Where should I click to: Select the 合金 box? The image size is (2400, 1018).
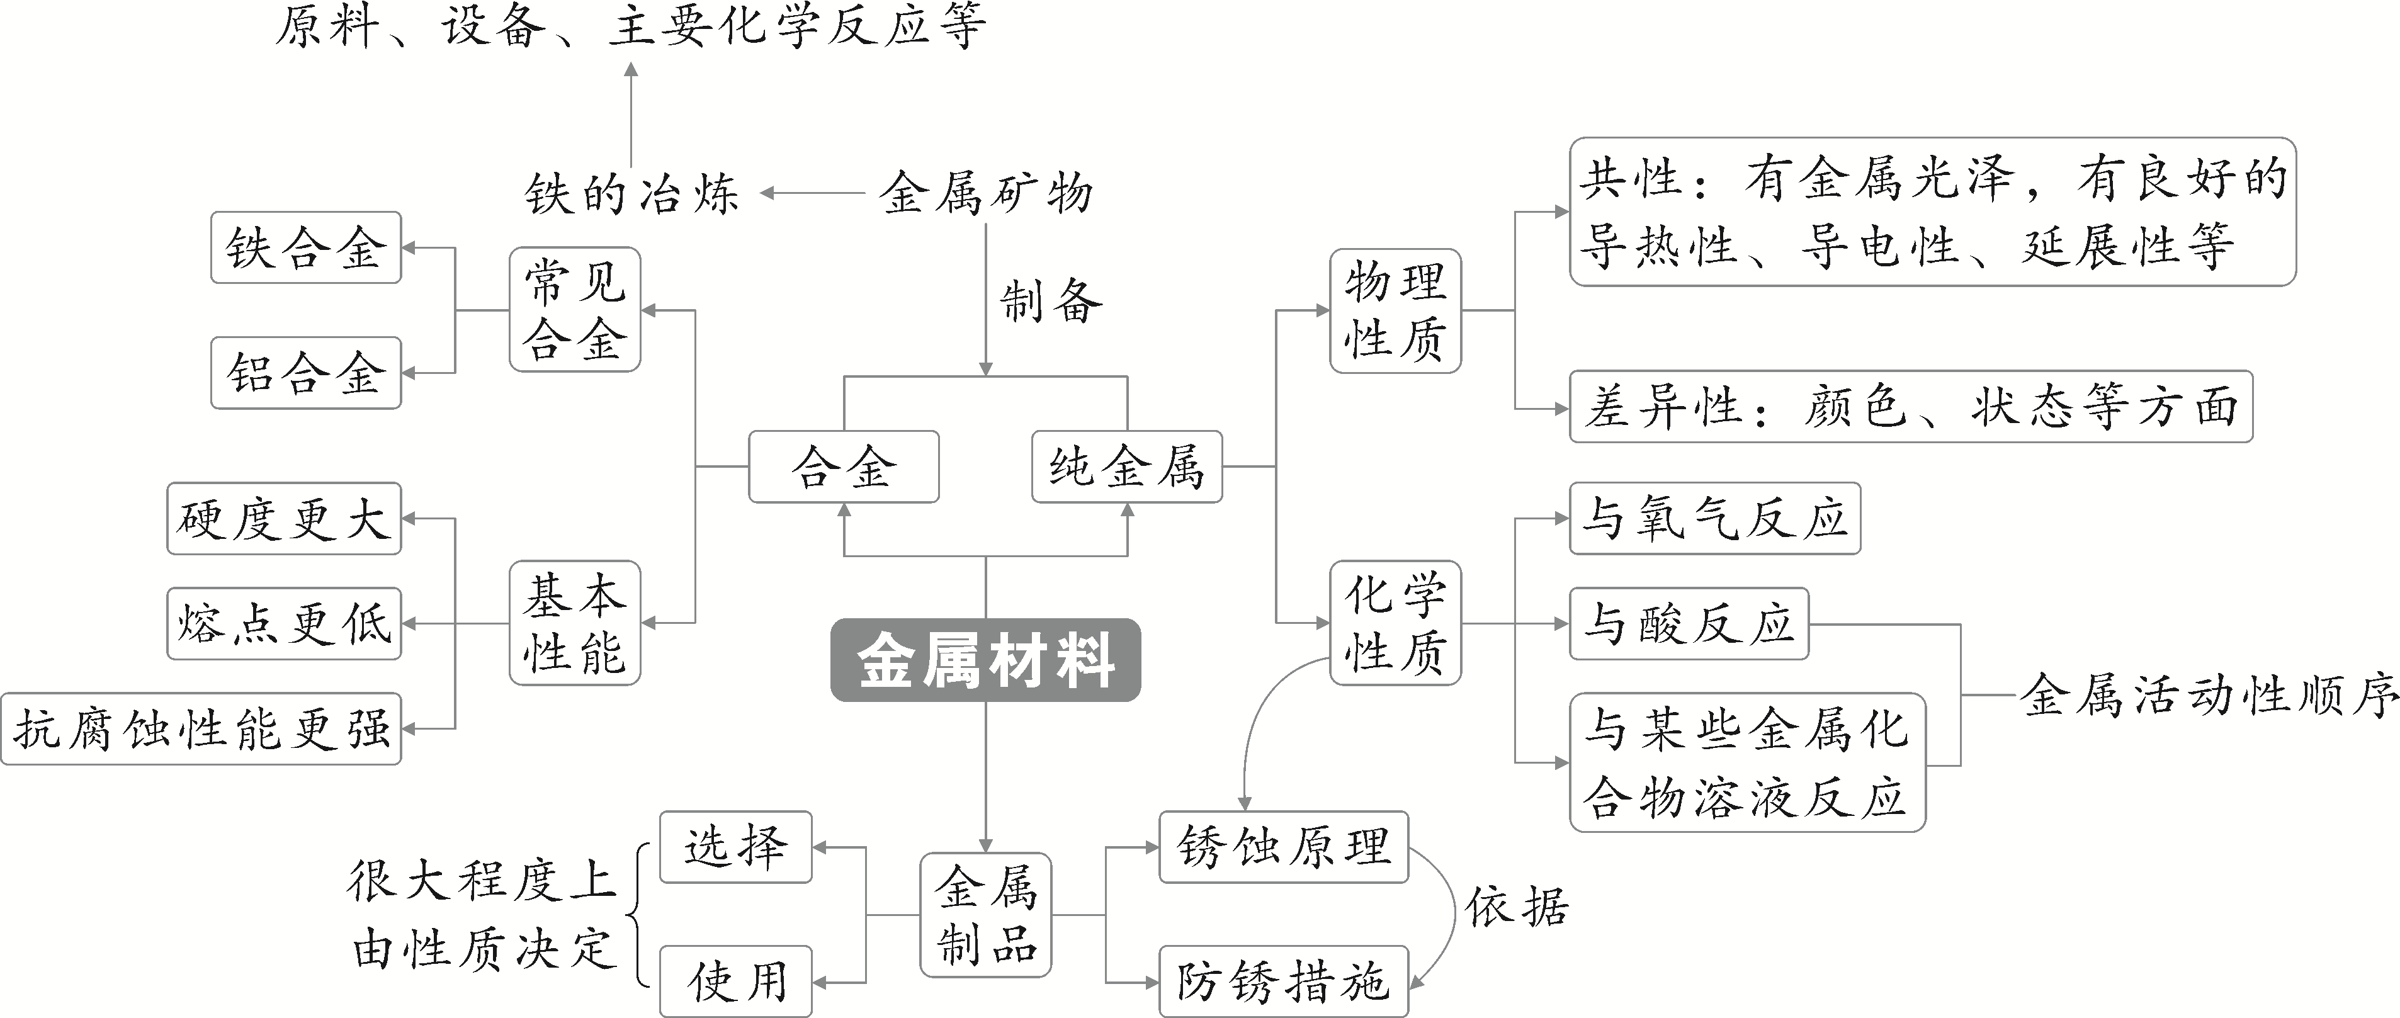click(x=843, y=467)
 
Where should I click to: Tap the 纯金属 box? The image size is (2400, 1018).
click(x=1126, y=467)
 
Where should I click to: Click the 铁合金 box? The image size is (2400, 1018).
click(x=305, y=248)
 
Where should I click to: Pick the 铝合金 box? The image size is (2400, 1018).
click(x=305, y=373)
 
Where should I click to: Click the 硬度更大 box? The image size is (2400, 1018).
click(x=284, y=519)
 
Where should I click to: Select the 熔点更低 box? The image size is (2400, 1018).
click(x=284, y=623)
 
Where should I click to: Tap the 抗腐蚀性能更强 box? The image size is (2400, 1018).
click(x=201, y=728)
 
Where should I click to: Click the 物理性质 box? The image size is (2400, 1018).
click(x=1395, y=311)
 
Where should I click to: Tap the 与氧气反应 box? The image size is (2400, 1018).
click(x=1714, y=519)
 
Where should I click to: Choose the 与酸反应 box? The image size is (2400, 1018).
click(x=1688, y=623)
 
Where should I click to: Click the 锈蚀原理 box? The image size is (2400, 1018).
click(x=1283, y=847)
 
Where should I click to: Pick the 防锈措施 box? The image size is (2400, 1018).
click(x=1283, y=981)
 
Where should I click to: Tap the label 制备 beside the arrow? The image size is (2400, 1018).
click(x=1050, y=302)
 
